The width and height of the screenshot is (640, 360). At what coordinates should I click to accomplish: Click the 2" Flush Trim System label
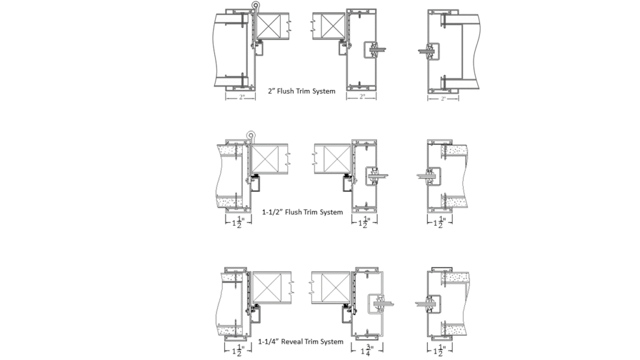(301, 91)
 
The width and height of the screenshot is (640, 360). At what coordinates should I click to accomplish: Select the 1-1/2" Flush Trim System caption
(303, 212)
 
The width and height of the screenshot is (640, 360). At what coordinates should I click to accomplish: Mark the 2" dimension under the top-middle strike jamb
(363, 97)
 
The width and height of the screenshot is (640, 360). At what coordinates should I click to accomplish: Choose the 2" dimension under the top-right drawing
(443, 98)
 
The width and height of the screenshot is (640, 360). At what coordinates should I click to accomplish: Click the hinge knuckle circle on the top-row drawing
(255, 6)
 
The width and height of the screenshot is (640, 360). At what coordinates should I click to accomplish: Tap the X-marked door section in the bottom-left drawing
(271, 287)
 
